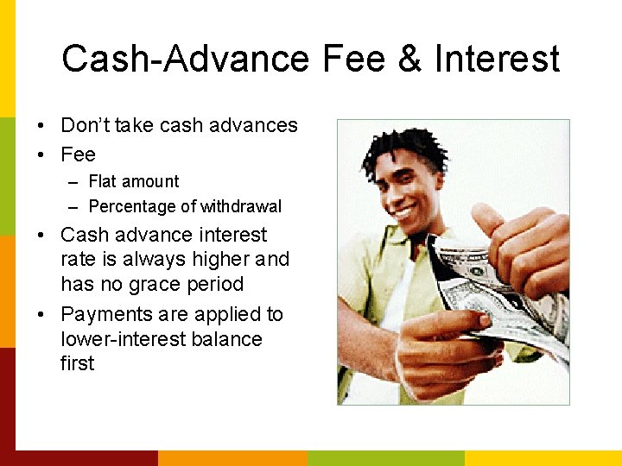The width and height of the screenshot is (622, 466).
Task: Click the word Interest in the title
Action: (x=497, y=60)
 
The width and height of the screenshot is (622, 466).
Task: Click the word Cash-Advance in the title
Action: (x=185, y=60)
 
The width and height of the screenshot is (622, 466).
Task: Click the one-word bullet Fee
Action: (x=78, y=154)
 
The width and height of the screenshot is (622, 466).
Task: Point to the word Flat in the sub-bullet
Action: (x=103, y=181)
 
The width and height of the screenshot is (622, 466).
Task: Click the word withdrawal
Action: (x=241, y=207)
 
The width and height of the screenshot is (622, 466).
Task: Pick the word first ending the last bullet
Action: (x=77, y=363)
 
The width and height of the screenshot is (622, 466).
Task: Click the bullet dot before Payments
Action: (x=42, y=314)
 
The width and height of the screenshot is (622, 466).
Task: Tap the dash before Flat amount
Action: (x=71, y=182)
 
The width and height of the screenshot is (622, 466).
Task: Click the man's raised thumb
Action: (x=486, y=217)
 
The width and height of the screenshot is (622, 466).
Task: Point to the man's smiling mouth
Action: (x=404, y=210)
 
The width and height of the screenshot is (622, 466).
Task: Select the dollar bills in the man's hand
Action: (x=492, y=289)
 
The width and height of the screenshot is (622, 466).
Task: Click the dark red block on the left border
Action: (x=7, y=397)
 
